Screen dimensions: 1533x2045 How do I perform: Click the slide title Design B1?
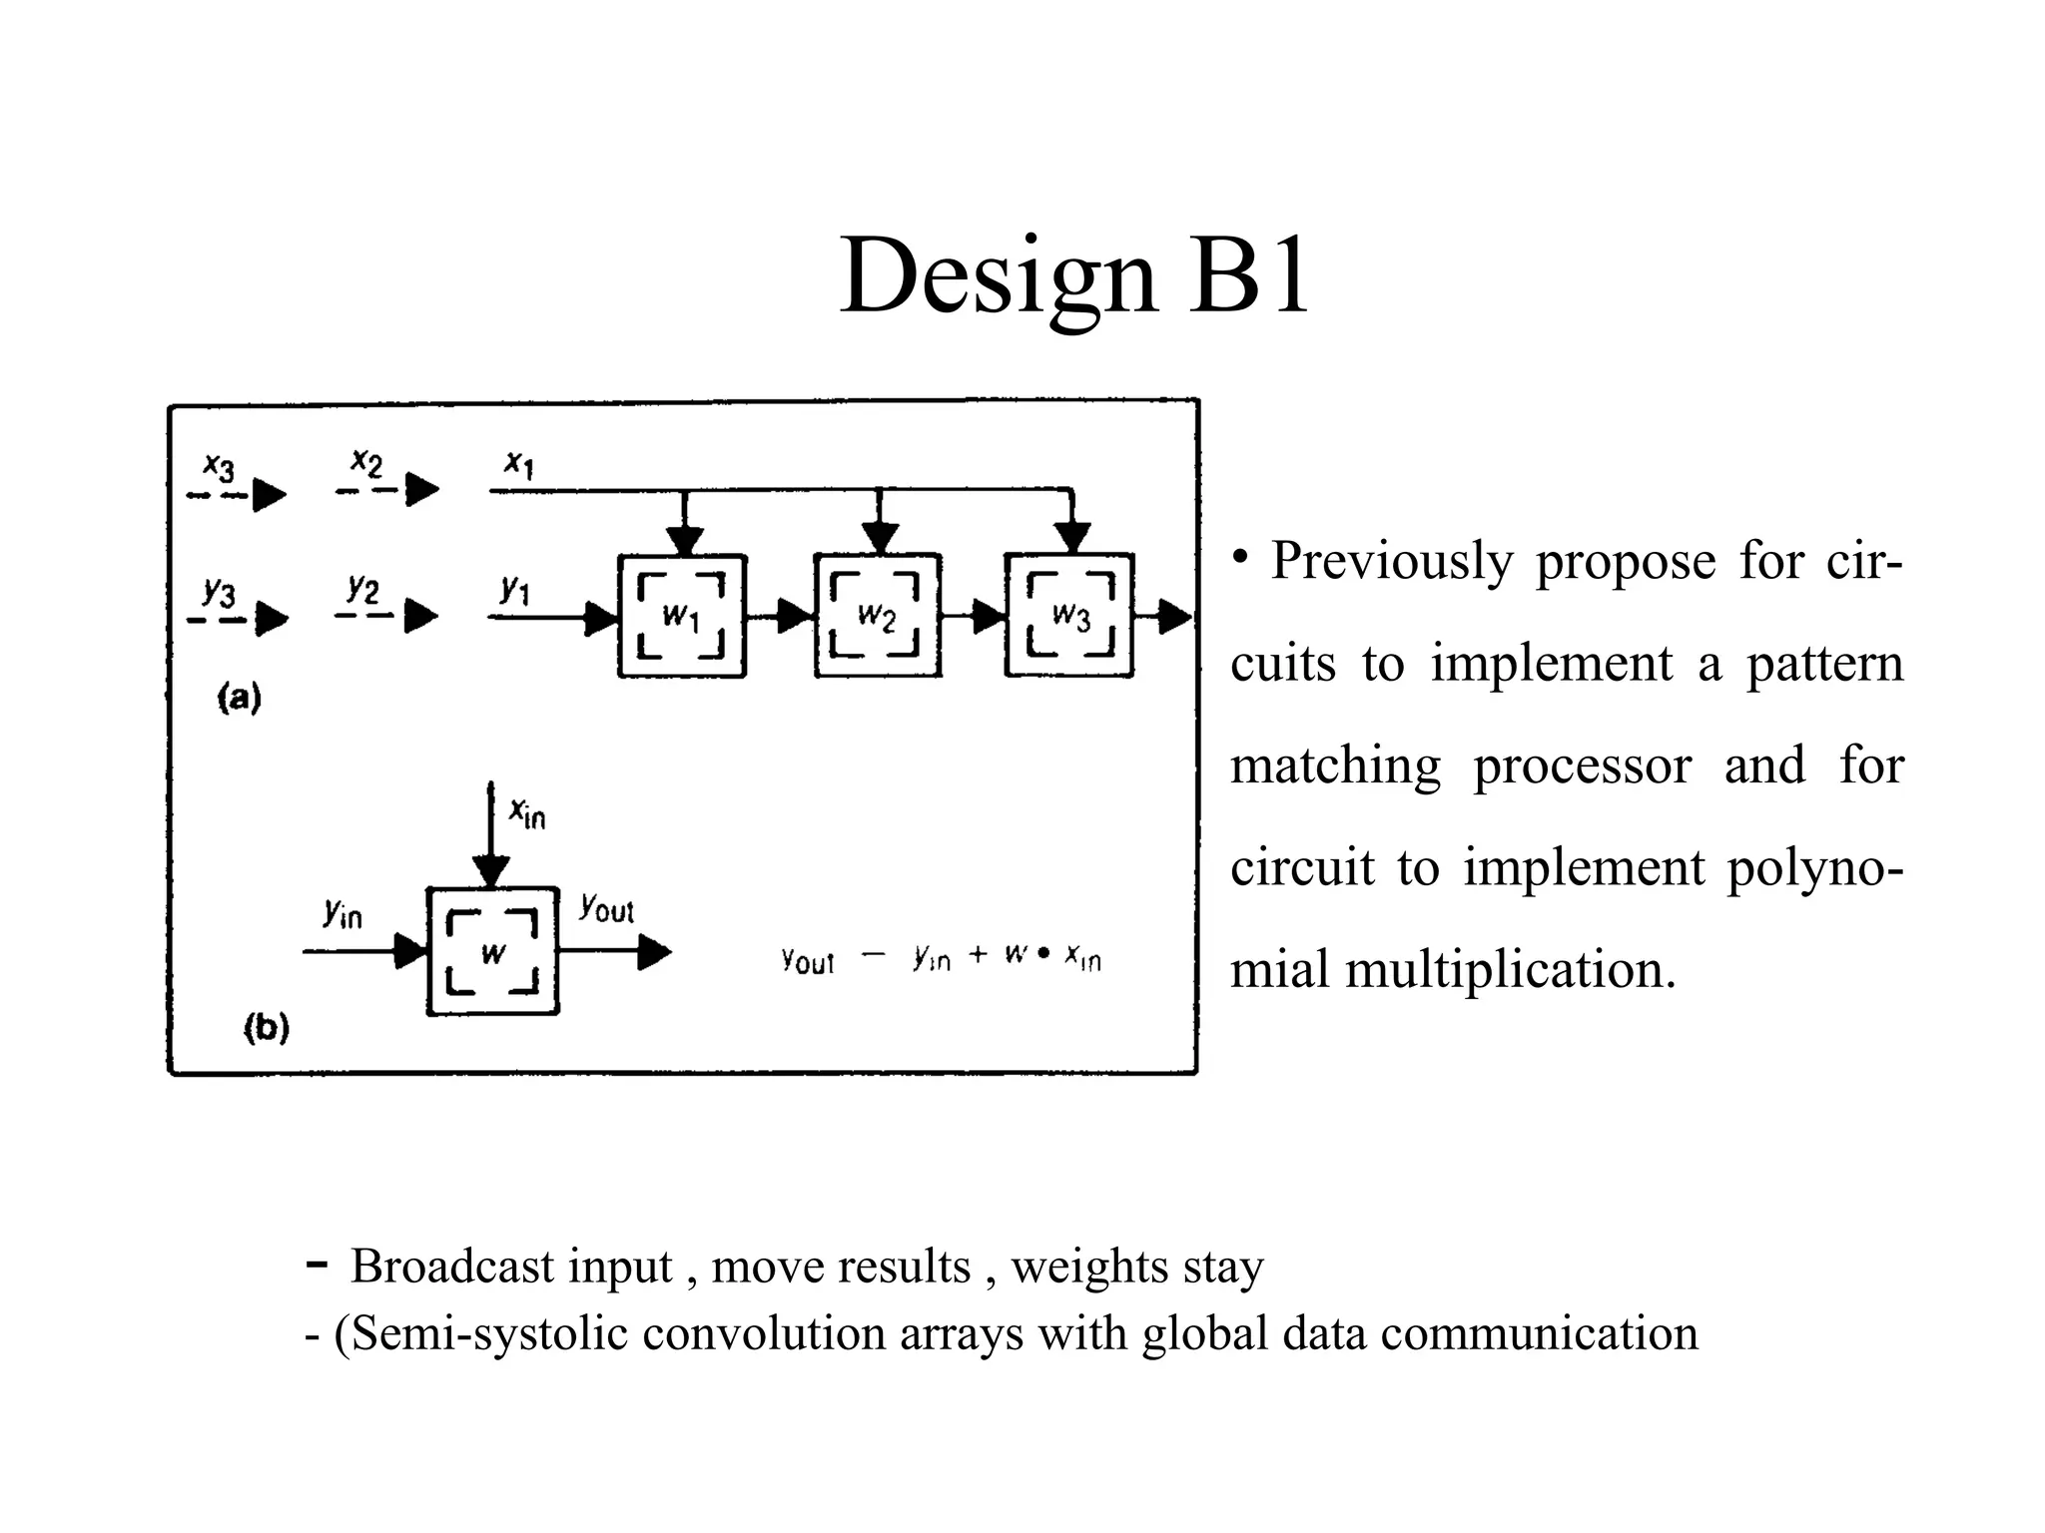(1073, 274)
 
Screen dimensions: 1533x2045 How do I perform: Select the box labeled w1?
(682, 616)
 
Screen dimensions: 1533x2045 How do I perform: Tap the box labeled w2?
(878, 616)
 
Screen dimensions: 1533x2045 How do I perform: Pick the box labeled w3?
(1069, 616)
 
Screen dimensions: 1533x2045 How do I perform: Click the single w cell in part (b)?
(492, 951)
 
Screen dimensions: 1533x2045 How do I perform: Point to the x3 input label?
(219, 466)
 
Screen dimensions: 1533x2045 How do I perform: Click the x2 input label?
(366, 463)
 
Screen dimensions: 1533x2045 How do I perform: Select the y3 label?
(219, 592)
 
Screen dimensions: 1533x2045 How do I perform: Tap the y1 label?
(514, 589)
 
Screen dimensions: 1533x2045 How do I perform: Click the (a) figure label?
(240, 697)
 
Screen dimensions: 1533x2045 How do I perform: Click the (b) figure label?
(267, 1027)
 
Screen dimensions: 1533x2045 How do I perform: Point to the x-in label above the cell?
(527, 813)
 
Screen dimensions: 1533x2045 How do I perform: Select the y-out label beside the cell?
(606, 908)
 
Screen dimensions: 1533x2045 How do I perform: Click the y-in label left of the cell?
(342, 912)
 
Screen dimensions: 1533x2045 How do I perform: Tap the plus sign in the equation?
(978, 955)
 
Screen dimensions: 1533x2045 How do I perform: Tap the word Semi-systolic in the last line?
(489, 1333)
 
